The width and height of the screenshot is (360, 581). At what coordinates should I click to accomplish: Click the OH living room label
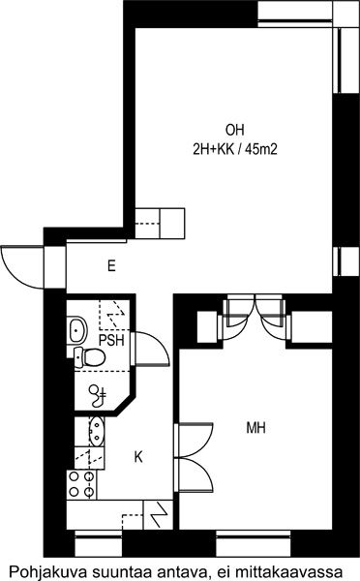[x=235, y=130]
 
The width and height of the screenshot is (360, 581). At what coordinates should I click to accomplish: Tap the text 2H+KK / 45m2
[x=235, y=149]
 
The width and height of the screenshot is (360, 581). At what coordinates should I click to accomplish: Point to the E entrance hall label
[x=111, y=266]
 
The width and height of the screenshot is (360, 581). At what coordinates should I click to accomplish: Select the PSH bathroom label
[x=111, y=340]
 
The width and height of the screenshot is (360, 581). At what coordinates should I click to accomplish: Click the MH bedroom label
[x=255, y=428]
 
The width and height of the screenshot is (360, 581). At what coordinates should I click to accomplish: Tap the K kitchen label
[x=138, y=457]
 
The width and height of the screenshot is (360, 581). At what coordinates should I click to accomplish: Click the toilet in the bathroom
[x=89, y=357]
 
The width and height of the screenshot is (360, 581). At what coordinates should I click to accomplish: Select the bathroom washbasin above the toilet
[x=76, y=329]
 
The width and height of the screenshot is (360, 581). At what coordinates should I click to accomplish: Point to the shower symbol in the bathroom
[x=99, y=396]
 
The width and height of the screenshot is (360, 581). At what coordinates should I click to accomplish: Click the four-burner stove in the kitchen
[x=81, y=484]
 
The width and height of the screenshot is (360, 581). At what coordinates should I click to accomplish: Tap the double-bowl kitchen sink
[x=97, y=431]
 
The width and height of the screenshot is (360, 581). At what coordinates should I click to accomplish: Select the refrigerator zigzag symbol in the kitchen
[x=158, y=515]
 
